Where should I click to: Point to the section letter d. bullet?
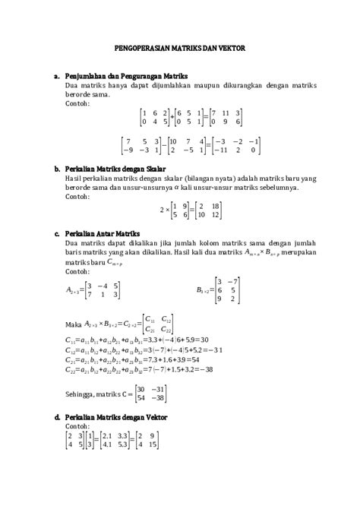click(57, 417)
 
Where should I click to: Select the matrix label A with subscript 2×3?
click(72, 289)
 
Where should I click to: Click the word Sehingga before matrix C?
click(83, 393)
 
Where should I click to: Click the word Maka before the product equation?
click(73, 321)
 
